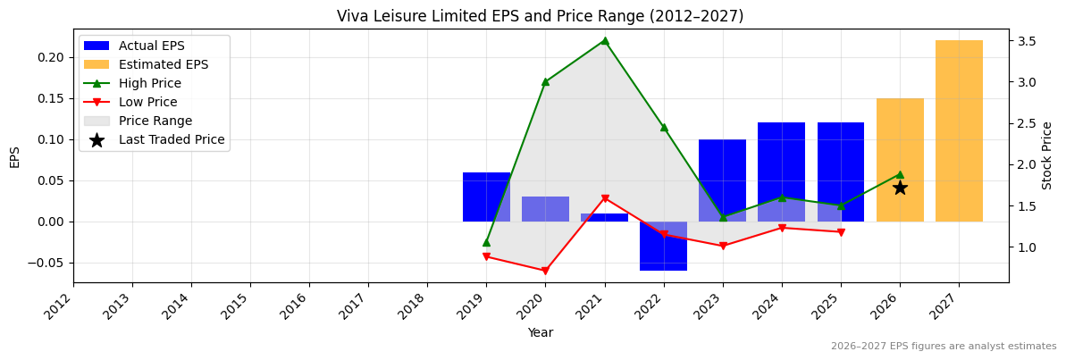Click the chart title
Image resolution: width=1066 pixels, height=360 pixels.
[540, 16]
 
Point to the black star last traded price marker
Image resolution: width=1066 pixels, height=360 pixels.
[900, 188]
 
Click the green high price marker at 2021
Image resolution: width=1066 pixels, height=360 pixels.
[605, 40]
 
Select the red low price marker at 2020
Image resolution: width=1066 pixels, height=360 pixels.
[545, 271]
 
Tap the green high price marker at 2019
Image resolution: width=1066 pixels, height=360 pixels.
[486, 242]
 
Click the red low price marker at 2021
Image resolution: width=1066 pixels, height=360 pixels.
[605, 198]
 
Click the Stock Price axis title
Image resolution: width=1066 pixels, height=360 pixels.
[1047, 155]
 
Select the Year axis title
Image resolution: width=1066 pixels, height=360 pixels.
[540, 332]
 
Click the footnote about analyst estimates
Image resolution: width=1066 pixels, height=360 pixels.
[943, 347]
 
